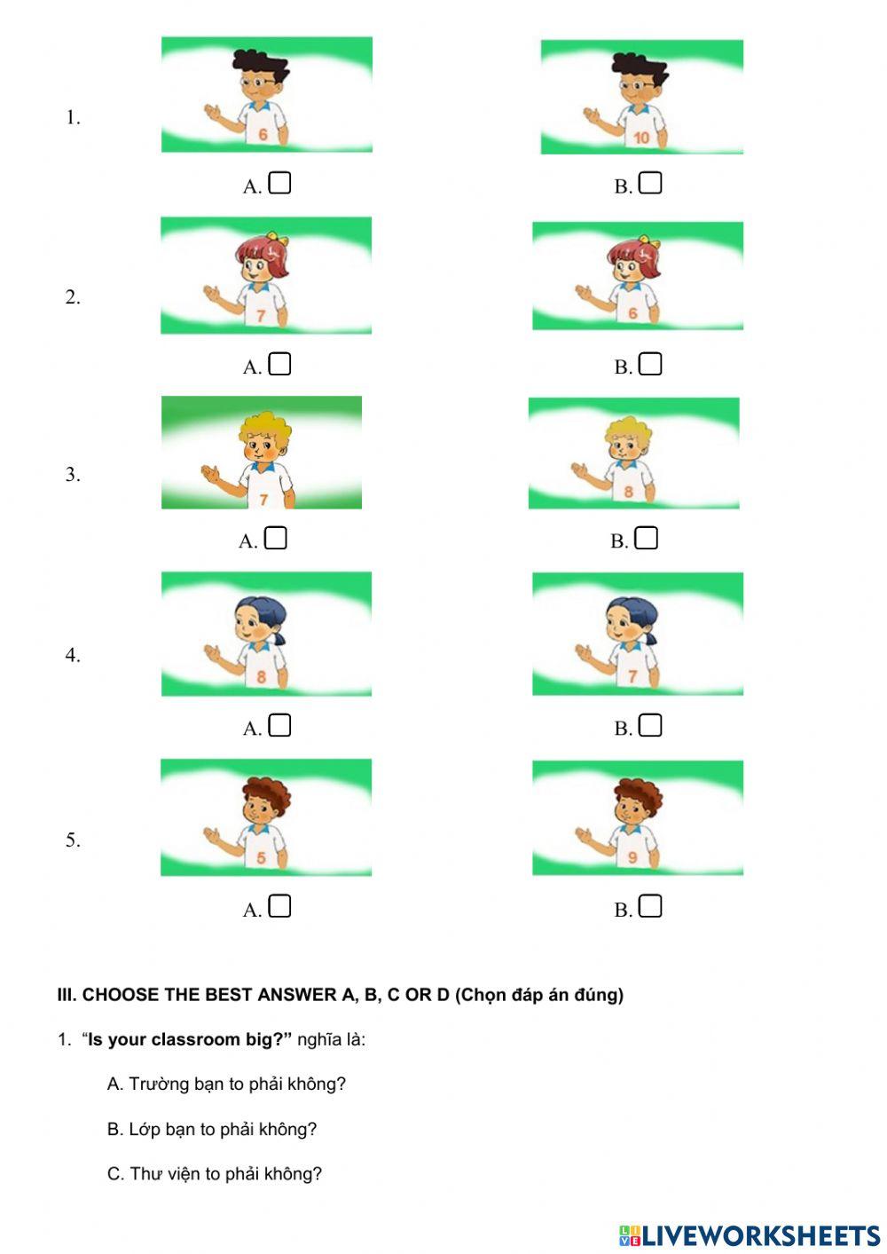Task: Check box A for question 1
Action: pos(279,183)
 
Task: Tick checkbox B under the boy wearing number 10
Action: pos(650,183)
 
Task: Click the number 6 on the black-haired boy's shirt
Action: pos(263,134)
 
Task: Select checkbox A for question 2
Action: pos(279,364)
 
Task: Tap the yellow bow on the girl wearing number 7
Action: pos(282,239)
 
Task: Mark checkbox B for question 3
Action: pos(647,538)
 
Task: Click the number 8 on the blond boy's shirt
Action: pos(629,491)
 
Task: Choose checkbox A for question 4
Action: pos(279,725)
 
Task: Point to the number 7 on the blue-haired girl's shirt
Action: pos(632,676)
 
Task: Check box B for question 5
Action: pos(650,906)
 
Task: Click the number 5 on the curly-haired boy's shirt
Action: pos(262,857)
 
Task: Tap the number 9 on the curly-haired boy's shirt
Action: pos(632,857)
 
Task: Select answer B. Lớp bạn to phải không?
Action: pos(212,1129)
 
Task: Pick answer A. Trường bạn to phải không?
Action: pos(226,1084)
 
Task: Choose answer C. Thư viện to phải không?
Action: pos(215,1173)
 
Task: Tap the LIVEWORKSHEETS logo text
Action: pos(760,1235)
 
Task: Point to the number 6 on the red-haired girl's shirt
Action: pos(632,313)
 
